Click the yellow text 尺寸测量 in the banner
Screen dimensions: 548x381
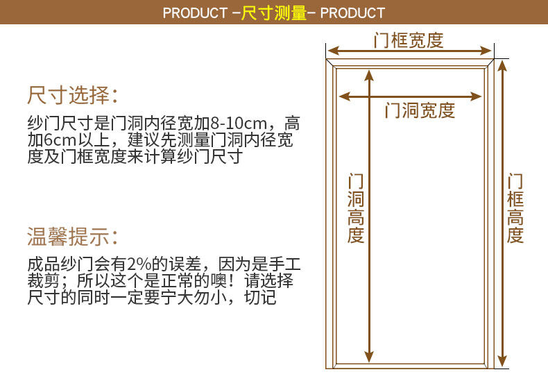click(274, 12)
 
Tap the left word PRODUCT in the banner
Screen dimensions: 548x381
click(195, 12)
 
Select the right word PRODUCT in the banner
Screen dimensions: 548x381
click(352, 12)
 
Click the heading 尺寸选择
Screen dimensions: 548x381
click(72, 94)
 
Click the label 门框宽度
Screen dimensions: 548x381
click(408, 40)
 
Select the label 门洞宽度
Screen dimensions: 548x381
click(420, 110)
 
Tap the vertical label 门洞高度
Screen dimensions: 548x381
click(356, 208)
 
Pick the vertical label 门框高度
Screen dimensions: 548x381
click(515, 208)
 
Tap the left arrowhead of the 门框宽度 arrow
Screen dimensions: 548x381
click(332, 51)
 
